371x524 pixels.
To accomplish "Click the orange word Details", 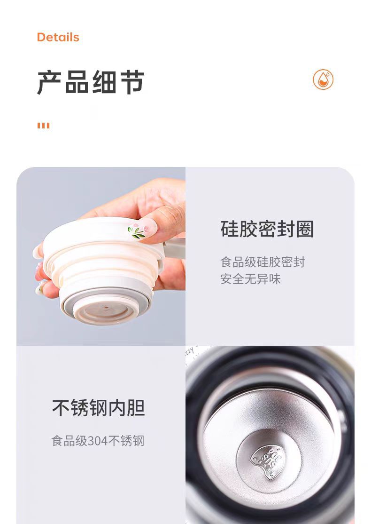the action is pyautogui.click(x=58, y=37).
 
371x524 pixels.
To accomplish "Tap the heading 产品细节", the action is pyautogui.click(x=91, y=82).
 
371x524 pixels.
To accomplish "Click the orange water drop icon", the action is pyautogui.click(x=323, y=79).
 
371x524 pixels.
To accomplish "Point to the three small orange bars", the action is pyautogui.click(x=43, y=126).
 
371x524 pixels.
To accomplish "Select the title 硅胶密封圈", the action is pyautogui.click(x=267, y=229).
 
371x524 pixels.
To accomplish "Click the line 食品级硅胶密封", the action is pyautogui.click(x=263, y=262).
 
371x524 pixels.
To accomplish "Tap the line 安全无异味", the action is pyautogui.click(x=250, y=279).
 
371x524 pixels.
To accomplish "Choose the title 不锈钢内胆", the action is pyautogui.click(x=99, y=408).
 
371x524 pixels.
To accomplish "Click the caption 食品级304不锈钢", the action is pyautogui.click(x=98, y=441).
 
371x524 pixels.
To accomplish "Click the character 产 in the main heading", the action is pyautogui.click(x=49, y=82).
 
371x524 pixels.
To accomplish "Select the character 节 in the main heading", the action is pyautogui.click(x=132, y=82).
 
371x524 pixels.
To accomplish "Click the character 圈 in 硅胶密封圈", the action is pyautogui.click(x=305, y=229).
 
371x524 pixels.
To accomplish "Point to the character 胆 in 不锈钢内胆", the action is pyautogui.click(x=136, y=408).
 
